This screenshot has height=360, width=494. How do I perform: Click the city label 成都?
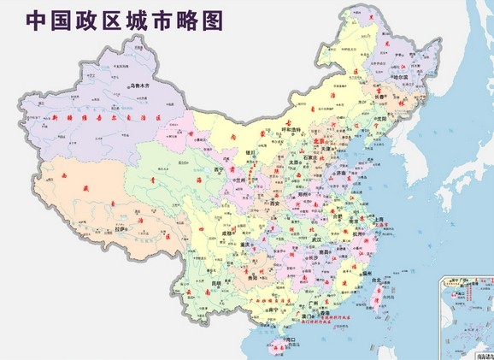coord(223,232)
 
